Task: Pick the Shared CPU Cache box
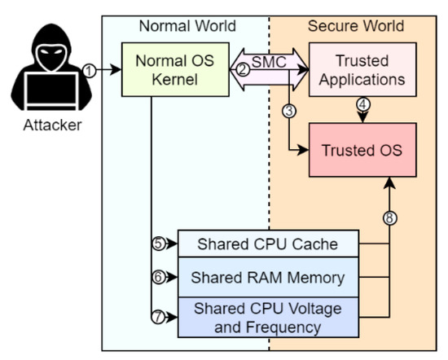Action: tap(270, 243)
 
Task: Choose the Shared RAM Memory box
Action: tap(270, 278)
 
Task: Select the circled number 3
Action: tap(288, 111)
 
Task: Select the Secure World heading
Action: tap(355, 25)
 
